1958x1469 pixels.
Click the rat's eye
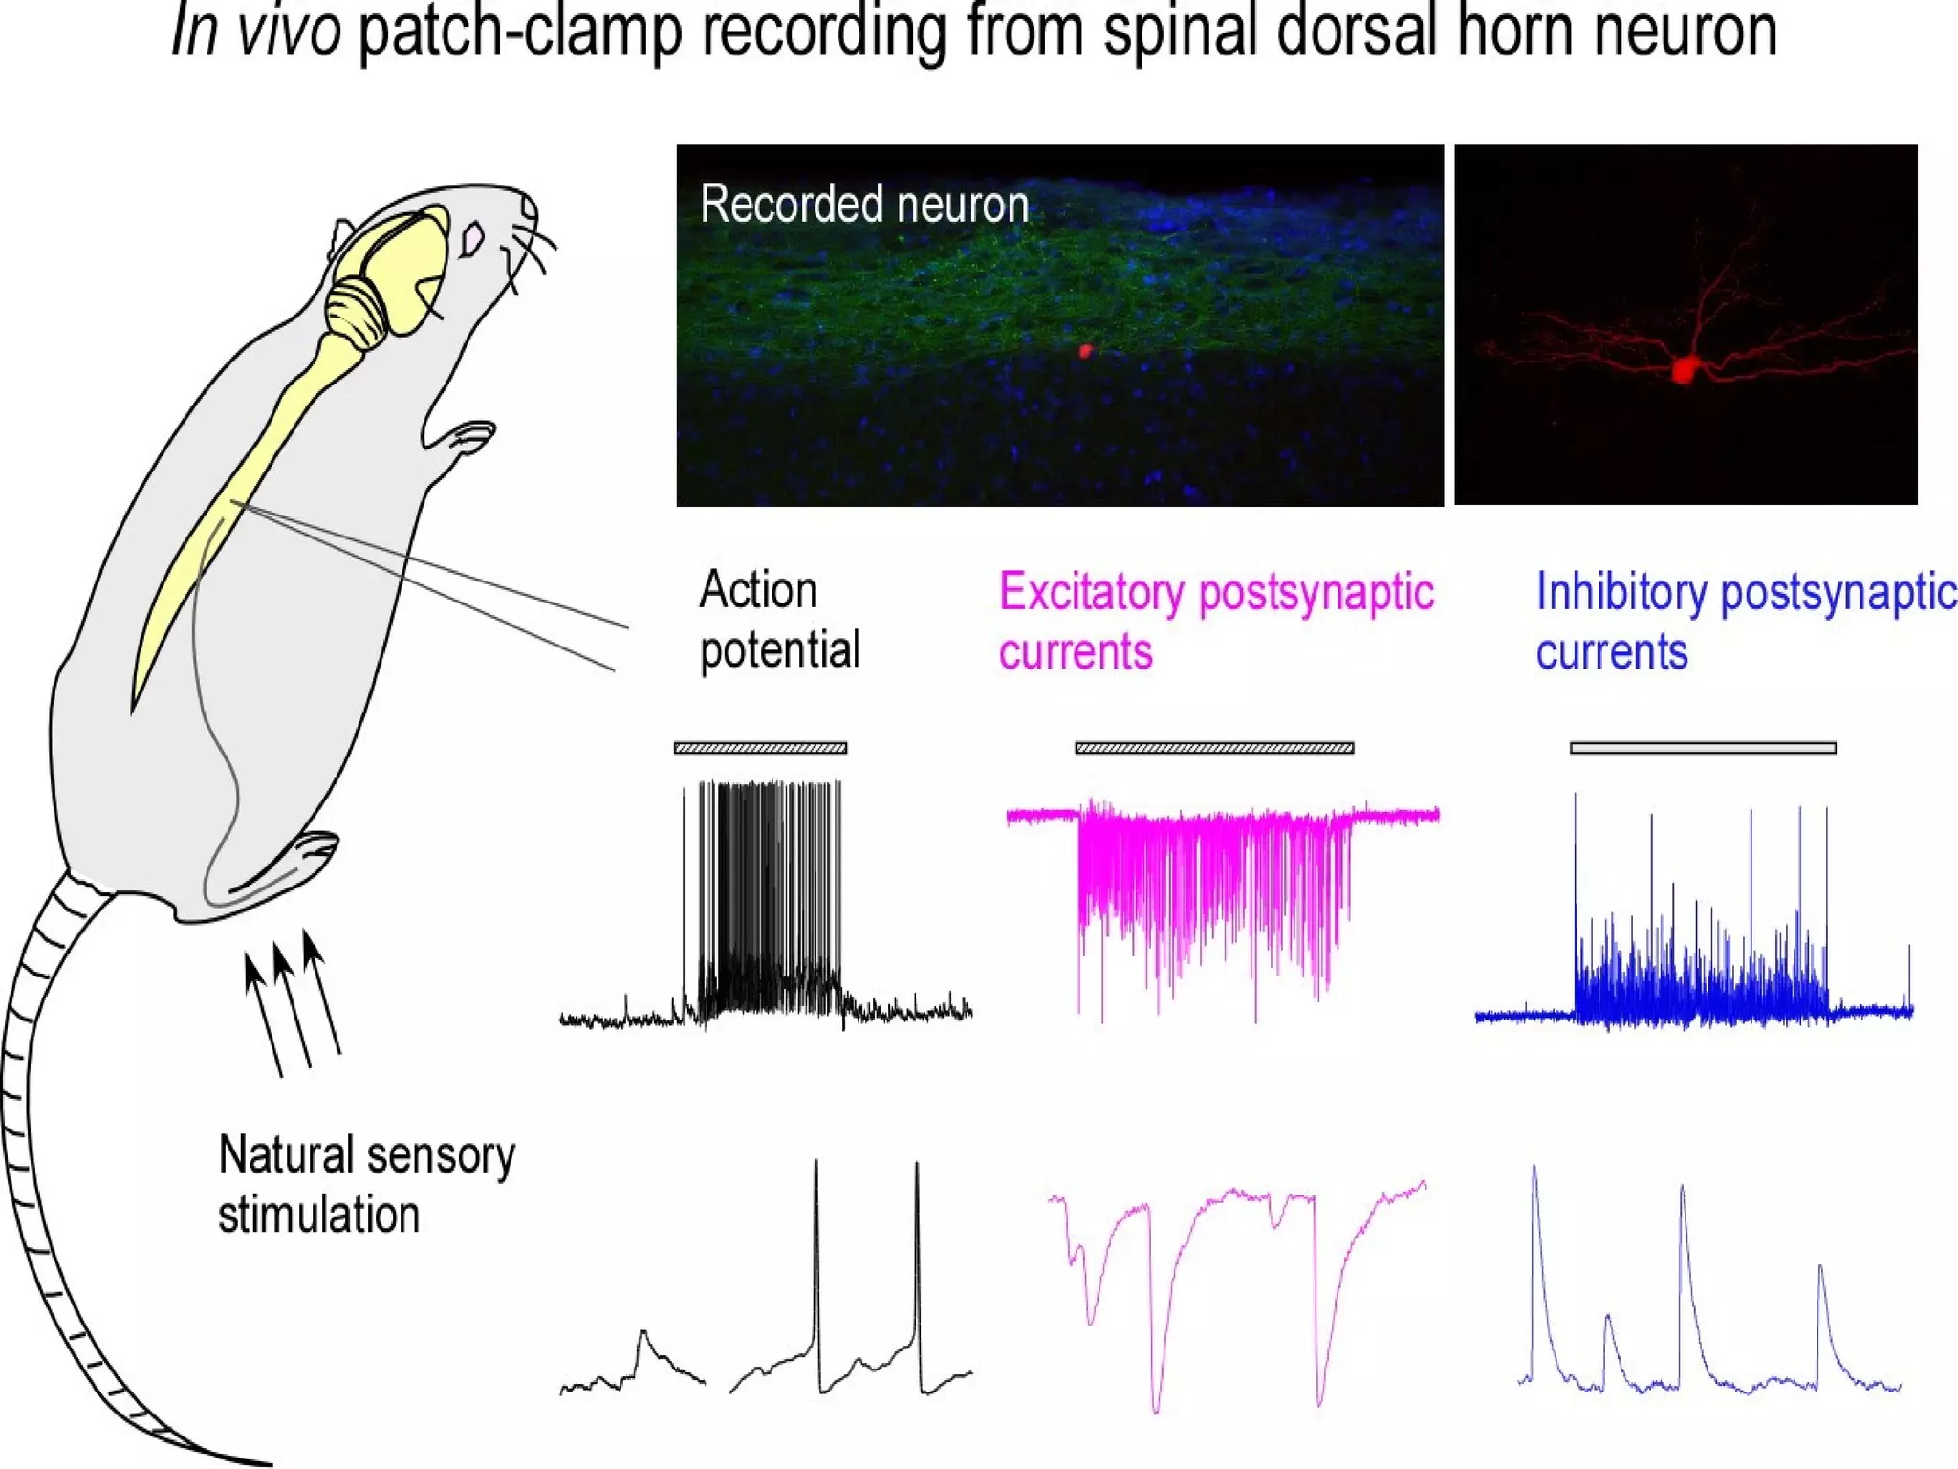[471, 239]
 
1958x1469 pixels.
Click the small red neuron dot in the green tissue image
[1085, 351]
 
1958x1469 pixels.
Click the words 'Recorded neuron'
[864, 205]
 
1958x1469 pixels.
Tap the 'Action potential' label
[778, 620]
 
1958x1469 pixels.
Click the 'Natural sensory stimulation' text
[366, 1184]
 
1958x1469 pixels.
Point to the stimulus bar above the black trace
[760, 748]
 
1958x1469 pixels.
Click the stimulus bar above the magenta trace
[1214, 748]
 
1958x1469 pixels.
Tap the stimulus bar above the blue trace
[1703, 748]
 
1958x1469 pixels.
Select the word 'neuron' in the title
[1683, 31]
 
